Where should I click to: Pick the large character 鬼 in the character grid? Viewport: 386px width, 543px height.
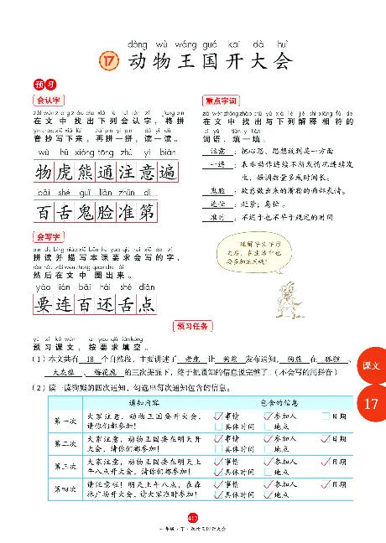pyautogui.click(x=91, y=214)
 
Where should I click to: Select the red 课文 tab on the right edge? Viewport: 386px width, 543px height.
pyautogui.click(x=372, y=366)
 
